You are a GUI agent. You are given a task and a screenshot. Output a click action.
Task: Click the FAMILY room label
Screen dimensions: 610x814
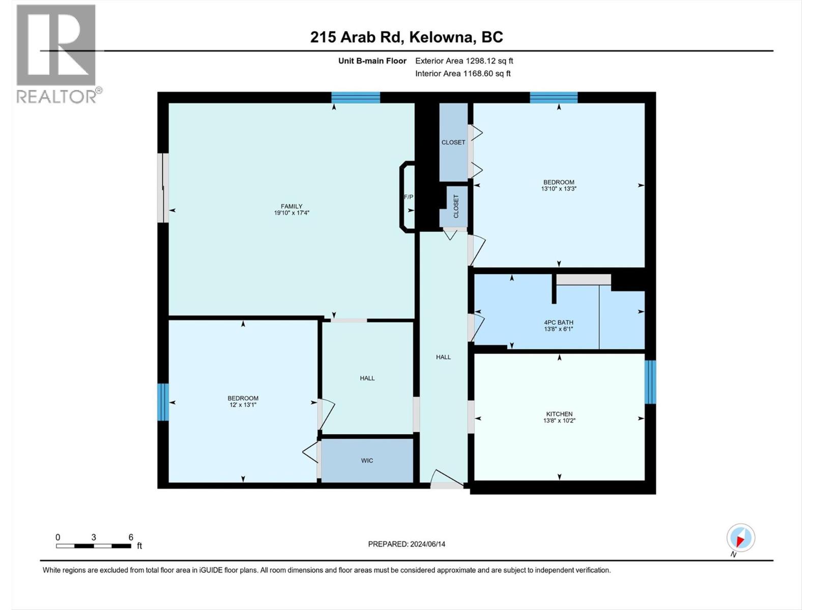point(292,206)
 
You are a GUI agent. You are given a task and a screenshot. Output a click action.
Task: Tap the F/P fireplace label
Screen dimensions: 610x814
point(409,197)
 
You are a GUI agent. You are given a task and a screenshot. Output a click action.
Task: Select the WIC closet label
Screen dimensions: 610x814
point(367,461)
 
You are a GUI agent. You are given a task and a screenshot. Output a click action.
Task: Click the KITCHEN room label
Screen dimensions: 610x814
point(559,414)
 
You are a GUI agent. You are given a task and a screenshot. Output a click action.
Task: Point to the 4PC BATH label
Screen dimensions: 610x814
point(558,322)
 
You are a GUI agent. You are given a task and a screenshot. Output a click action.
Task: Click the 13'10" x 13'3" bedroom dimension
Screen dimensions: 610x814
point(559,189)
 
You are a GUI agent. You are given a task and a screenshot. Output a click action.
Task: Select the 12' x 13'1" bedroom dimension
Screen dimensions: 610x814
point(243,405)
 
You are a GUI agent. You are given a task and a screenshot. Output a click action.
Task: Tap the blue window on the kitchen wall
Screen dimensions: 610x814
point(650,382)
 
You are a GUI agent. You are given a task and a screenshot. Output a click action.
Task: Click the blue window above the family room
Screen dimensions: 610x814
point(356,97)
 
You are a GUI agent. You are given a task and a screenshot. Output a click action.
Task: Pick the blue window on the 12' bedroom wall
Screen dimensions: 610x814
point(163,402)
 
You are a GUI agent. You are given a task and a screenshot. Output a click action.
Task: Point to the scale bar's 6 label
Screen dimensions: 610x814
point(131,537)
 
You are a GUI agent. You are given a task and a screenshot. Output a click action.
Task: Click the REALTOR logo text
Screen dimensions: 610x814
point(59,96)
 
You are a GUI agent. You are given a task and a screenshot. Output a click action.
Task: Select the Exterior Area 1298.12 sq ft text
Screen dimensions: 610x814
point(464,61)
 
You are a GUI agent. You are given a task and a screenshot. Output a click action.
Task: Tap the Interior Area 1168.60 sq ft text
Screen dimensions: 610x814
point(462,74)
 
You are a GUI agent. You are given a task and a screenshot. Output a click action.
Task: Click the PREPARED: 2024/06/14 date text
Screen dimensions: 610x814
point(406,544)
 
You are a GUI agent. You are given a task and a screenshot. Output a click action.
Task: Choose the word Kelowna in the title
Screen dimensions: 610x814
point(442,37)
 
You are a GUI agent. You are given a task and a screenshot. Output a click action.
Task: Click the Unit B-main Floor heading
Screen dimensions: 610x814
point(372,61)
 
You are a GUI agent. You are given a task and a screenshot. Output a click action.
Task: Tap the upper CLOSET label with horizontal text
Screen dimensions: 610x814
point(453,142)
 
